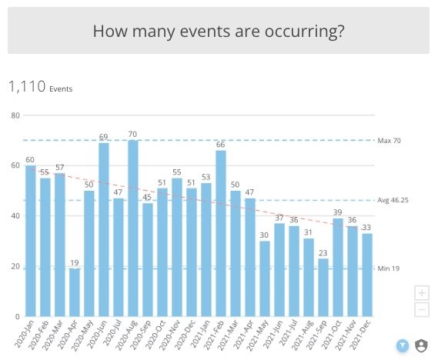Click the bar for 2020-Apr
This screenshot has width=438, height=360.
[x=75, y=292]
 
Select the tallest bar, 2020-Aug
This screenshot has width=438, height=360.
[x=133, y=228]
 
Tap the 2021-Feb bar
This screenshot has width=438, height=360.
[x=221, y=234]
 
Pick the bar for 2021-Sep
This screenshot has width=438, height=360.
[x=323, y=288]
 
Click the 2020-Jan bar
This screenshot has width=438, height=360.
[x=31, y=241]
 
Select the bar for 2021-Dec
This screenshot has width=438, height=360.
[x=367, y=275]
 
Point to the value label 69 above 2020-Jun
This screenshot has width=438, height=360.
[x=103, y=137]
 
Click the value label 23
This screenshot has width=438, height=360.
[x=323, y=253]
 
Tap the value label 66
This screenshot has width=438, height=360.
[x=221, y=145]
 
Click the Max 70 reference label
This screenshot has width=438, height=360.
[x=389, y=141]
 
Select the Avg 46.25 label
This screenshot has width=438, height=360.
[x=393, y=200]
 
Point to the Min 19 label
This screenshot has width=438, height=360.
[x=389, y=268]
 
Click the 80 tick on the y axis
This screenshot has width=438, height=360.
[x=15, y=115]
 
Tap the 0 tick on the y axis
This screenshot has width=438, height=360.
[x=17, y=317]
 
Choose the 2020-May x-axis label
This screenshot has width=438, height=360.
[x=82, y=335]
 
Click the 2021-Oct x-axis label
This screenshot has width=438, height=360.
[x=331, y=335]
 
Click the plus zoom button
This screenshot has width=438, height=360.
[x=422, y=293]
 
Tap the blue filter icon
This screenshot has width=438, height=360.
[x=403, y=345]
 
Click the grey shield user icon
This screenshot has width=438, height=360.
[x=421, y=345]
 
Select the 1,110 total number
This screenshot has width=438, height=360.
[x=27, y=86]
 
